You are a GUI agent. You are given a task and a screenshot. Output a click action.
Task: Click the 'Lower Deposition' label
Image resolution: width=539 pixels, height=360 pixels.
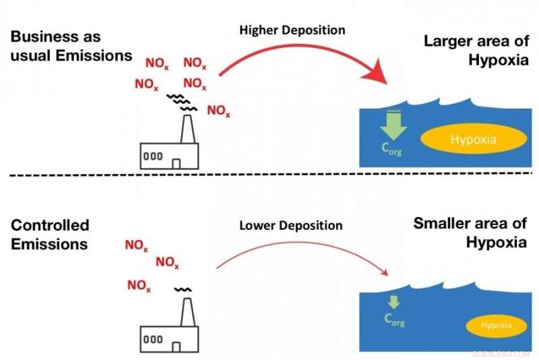pyautogui.click(x=291, y=224)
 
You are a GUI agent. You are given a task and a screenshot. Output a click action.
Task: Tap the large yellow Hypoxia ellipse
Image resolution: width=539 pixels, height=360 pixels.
pyautogui.click(x=473, y=140)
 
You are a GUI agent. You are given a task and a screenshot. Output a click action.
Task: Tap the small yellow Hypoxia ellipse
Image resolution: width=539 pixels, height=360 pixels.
pyautogui.click(x=497, y=327)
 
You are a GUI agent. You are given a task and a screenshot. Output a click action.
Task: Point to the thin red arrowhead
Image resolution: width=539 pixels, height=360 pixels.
pyautogui.click(x=385, y=273)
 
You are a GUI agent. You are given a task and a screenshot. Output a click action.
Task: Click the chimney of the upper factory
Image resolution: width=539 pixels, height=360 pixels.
pyautogui.click(x=185, y=128)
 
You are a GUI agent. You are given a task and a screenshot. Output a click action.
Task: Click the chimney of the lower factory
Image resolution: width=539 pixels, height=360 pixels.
pyautogui.click(x=185, y=311)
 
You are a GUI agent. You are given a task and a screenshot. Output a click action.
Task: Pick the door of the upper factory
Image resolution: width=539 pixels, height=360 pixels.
pyautogui.click(x=177, y=162)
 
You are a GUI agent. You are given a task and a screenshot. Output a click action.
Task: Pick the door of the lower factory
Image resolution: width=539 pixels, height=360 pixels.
pyautogui.click(x=177, y=347)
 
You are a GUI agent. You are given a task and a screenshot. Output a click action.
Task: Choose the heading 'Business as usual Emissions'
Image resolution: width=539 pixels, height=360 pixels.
pyautogui.click(x=71, y=46)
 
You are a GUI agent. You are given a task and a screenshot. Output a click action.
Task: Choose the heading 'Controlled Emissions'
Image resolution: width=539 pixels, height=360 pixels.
pyautogui.click(x=50, y=234)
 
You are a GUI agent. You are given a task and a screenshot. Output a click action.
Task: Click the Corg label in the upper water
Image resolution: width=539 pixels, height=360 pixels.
pyautogui.click(x=390, y=149)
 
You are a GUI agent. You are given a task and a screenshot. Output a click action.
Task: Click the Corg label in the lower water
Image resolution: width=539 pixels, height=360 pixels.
pyautogui.click(x=394, y=319)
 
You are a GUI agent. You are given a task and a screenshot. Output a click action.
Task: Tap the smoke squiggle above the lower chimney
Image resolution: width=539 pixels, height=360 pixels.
pyautogui.click(x=182, y=289)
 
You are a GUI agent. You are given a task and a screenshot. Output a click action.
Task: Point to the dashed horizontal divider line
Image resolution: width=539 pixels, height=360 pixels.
pyautogui.click(x=269, y=176)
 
